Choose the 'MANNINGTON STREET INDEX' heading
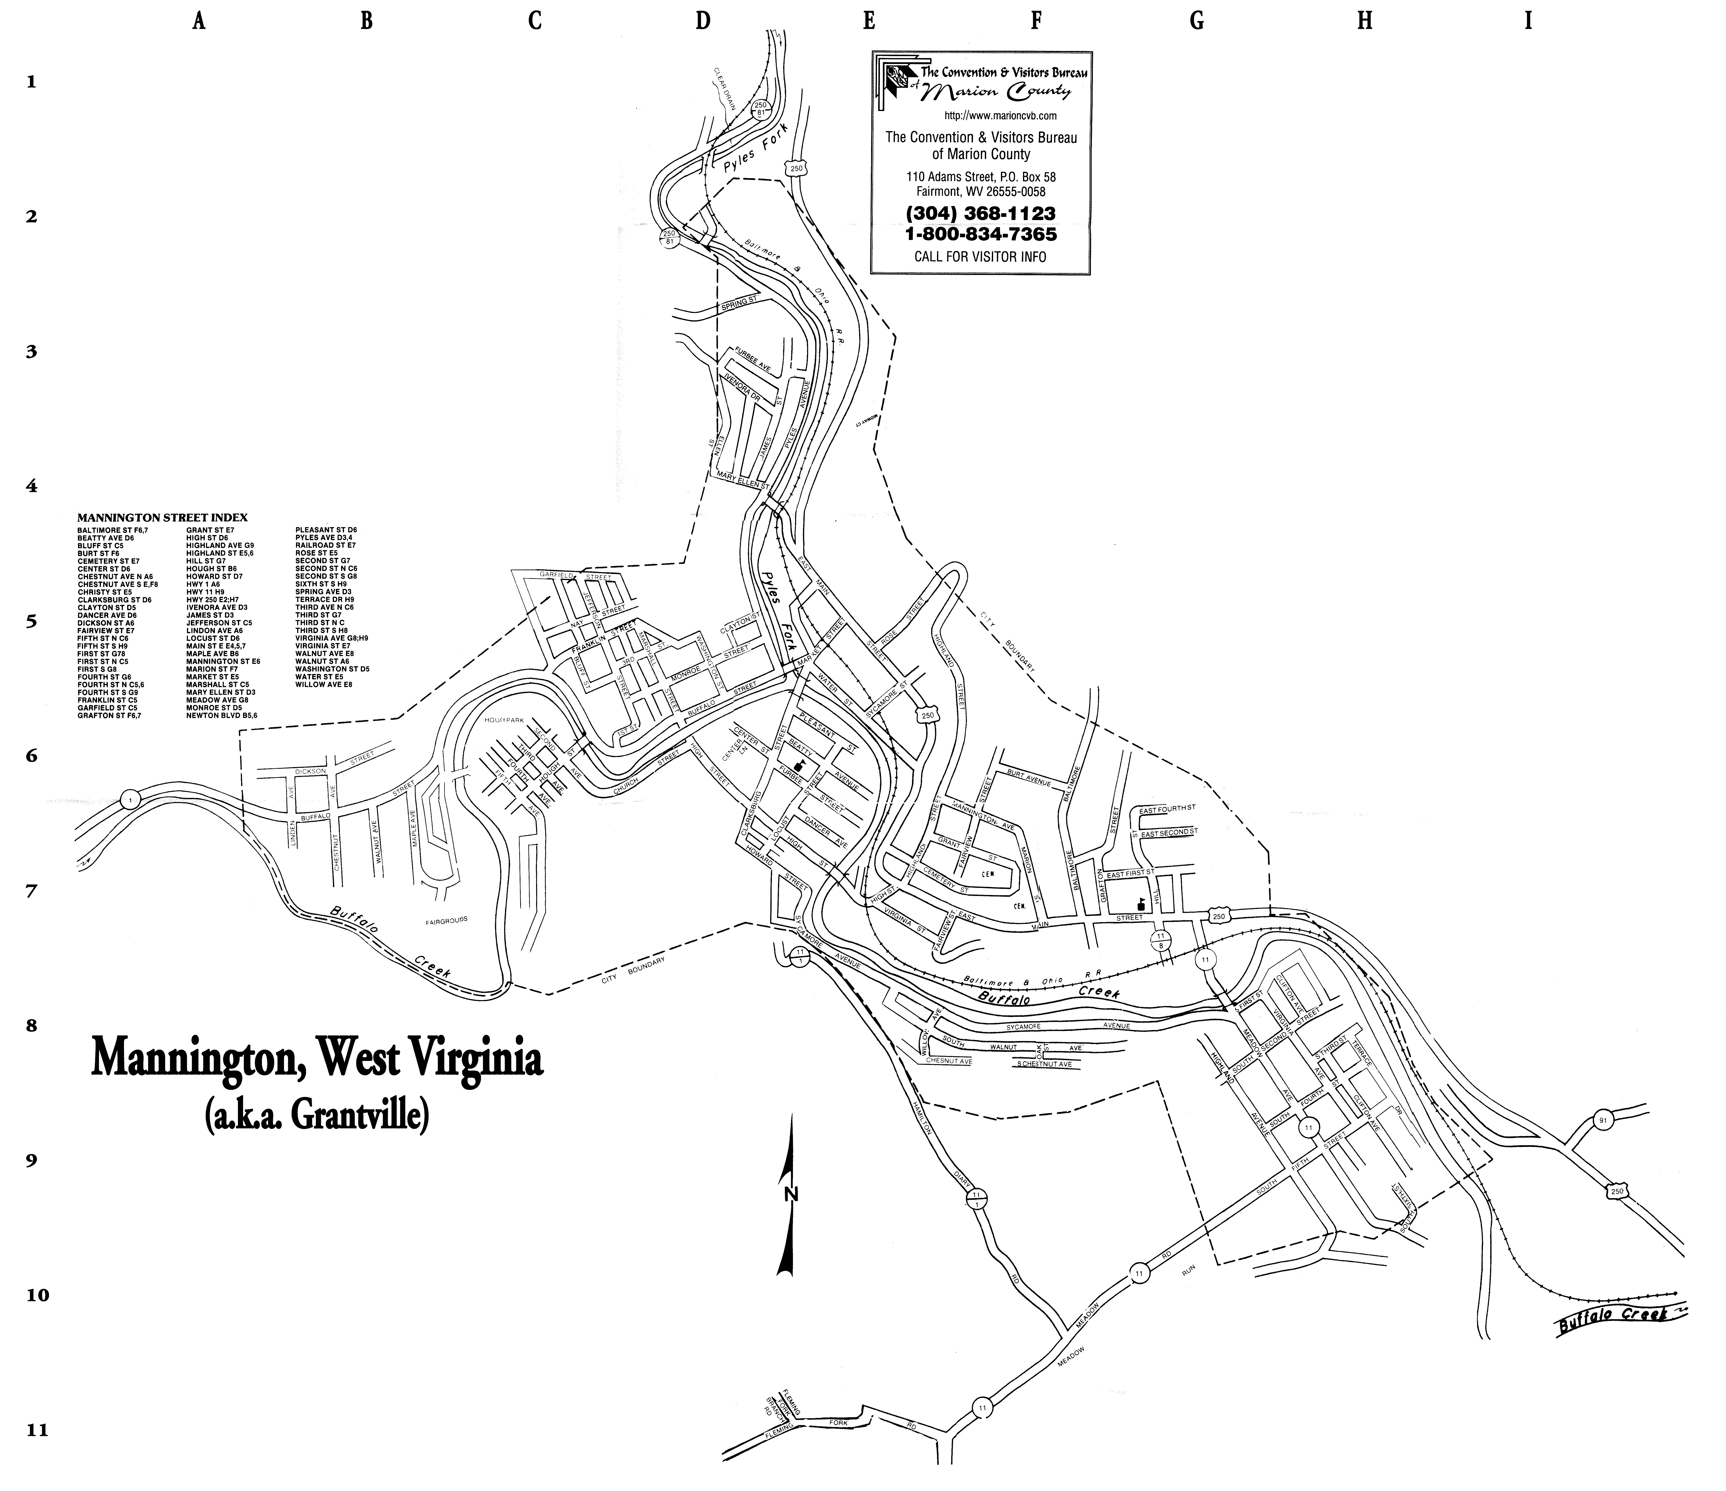[162, 517]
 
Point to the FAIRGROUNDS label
[447, 920]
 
